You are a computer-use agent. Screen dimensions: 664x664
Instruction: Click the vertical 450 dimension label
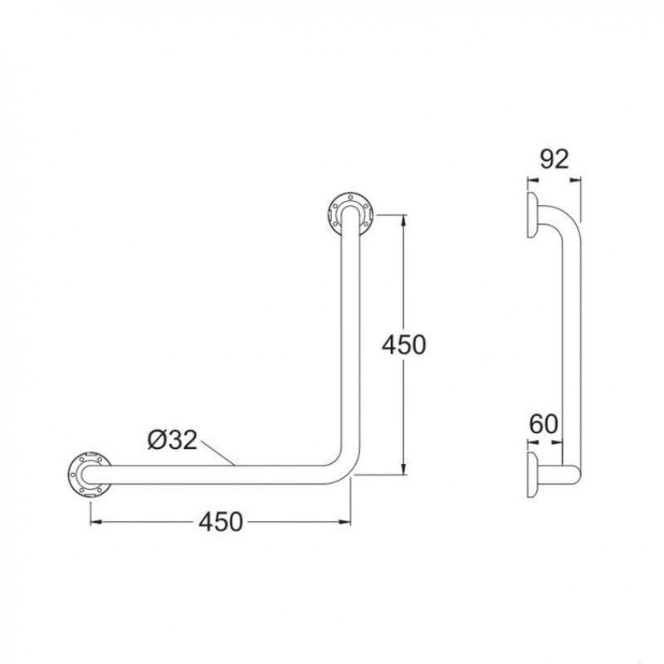[x=403, y=344]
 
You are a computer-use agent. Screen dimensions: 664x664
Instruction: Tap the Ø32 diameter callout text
[x=173, y=441]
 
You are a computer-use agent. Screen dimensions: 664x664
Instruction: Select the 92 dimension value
[x=553, y=159]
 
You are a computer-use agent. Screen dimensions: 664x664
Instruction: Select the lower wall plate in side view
[x=530, y=476]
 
